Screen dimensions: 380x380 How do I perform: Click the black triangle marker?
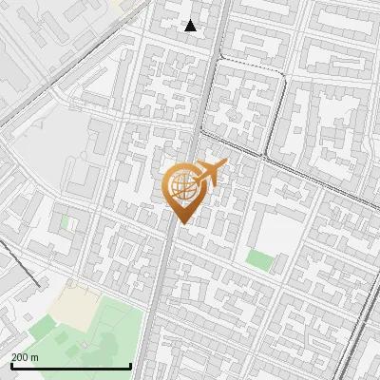(191, 26)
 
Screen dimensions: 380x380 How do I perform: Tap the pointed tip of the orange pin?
(181, 221)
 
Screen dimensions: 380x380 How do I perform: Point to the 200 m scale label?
(25, 357)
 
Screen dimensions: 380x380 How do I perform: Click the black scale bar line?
(70, 366)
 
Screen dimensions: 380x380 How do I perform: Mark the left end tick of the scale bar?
(10, 365)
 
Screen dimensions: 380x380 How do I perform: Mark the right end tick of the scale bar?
(130, 365)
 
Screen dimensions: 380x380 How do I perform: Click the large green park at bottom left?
(104, 332)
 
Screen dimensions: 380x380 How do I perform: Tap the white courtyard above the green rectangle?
(275, 228)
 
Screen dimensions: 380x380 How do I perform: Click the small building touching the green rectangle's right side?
(276, 258)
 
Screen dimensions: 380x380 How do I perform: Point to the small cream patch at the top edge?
(118, 4)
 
